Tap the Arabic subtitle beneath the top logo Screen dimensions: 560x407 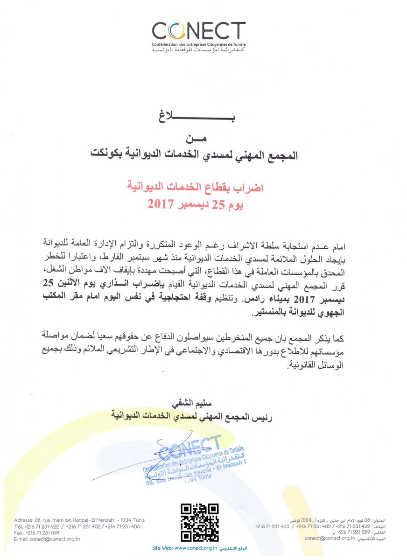[x=199, y=49]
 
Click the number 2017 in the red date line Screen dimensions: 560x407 [x=161, y=203]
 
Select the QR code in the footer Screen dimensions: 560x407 [x=199, y=522]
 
